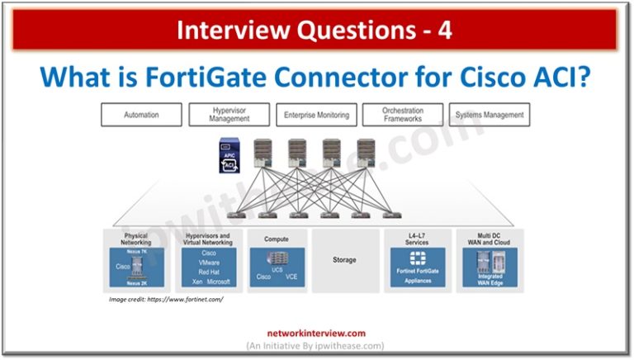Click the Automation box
click(140, 115)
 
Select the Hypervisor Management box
click(229, 115)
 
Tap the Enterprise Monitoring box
click(316, 115)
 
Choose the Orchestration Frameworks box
click(403, 115)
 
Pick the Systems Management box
click(490, 115)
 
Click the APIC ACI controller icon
click(229, 155)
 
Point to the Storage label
click(344, 260)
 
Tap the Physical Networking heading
click(135, 239)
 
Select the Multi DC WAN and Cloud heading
click(490, 239)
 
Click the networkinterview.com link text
click(317, 334)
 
